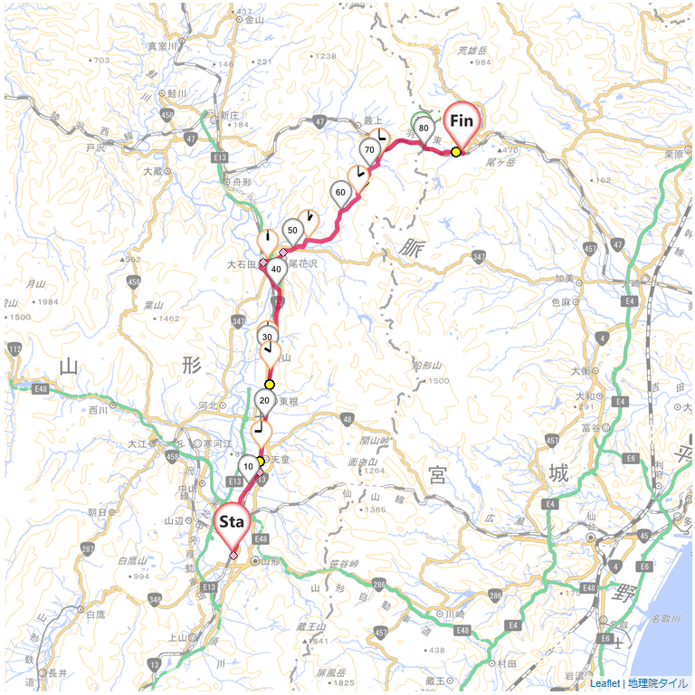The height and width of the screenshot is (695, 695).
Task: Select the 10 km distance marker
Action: coord(249,467)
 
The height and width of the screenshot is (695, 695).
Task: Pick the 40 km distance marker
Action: coord(277,269)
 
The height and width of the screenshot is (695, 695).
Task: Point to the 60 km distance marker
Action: coord(340,193)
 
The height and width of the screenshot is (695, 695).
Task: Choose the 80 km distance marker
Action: coord(423,129)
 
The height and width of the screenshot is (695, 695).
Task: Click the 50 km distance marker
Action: coord(292,231)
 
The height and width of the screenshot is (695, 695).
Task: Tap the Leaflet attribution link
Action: coord(605,684)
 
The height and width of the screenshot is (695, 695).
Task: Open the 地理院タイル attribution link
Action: coord(658,684)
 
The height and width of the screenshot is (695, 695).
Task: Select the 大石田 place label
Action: coord(243,264)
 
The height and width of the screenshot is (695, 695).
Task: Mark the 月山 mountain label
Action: coord(36,283)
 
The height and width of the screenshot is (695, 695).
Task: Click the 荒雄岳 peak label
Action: coord(473,51)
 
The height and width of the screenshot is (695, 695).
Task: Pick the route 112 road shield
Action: coord(14,348)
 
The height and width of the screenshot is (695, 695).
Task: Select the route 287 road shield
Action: coord(87,549)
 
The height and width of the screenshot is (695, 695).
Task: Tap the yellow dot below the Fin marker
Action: coord(455,152)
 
